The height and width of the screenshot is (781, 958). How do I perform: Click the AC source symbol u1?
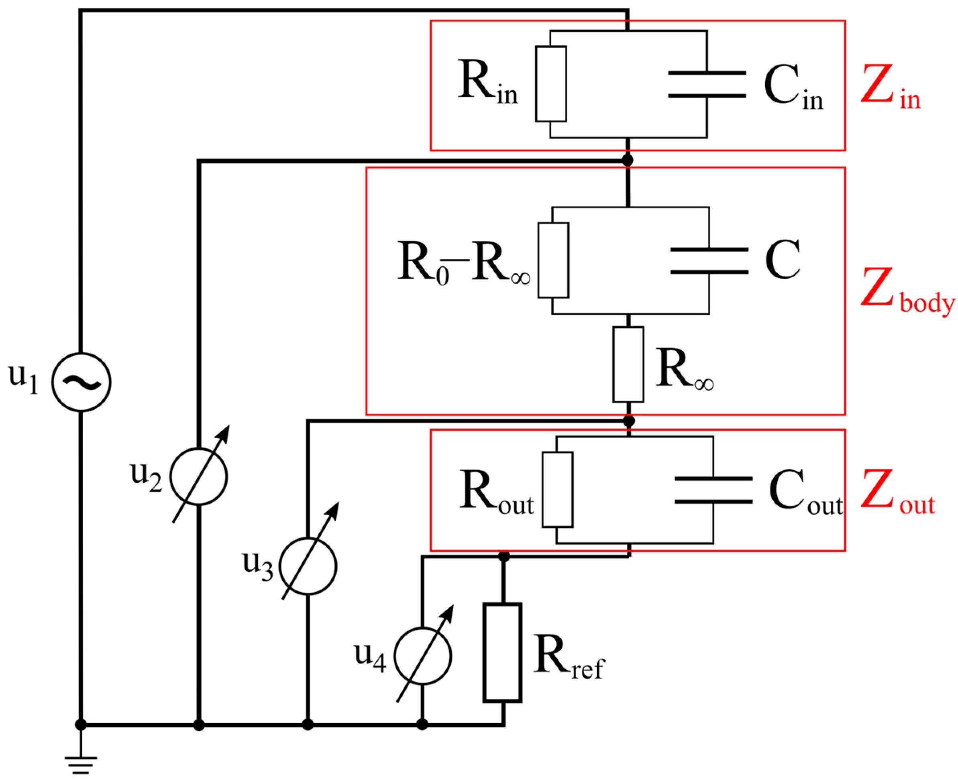click(x=81, y=382)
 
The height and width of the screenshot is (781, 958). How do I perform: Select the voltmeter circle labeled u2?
click(x=198, y=476)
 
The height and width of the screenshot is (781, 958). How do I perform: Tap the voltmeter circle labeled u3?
click(x=308, y=566)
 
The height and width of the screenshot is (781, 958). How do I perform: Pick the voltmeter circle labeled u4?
click(x=422, y=656)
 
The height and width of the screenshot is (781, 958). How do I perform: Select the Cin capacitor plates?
click(x=707, y=84)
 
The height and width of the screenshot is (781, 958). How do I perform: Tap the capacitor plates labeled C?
click(x=709, y=260)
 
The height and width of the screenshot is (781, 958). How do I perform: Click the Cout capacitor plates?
click(x=713, y=490)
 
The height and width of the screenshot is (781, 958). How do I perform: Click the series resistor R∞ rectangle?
click(x=628, y=364)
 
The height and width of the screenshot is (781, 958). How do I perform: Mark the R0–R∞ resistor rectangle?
click(x=553, y=260)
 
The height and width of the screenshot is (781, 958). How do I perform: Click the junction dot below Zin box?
click(x=628, y=160)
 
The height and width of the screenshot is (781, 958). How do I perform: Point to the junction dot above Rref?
click(x=503, y=557)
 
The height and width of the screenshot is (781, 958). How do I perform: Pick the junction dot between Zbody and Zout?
click(x=629, y=421)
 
